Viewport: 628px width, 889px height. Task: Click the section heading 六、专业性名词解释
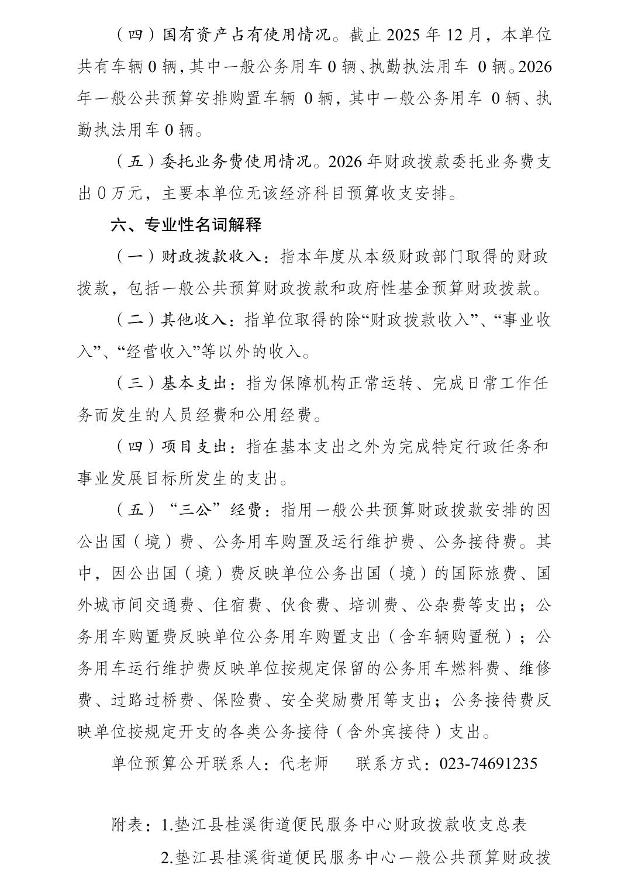(x=186, y=225)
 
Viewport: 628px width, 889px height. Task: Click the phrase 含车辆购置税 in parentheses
(x=450, y=636)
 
